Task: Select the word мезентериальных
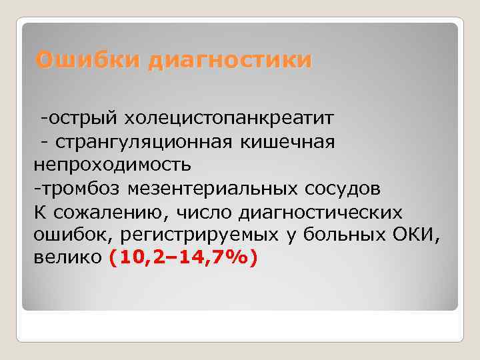(211, 189)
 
